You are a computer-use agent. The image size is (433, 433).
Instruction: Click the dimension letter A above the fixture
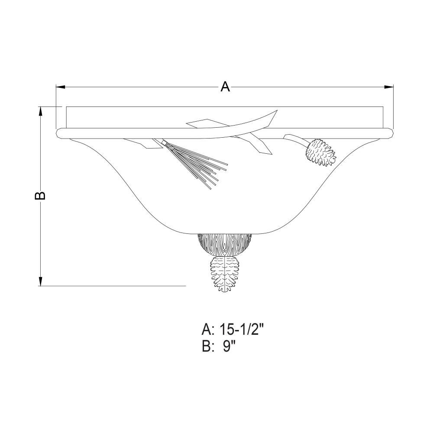pyautogui.click(x=225, y=87)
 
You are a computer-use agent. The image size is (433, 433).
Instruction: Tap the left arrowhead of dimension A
pyautogui.click(x=61, y=87)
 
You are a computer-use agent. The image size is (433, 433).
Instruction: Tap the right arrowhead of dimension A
pyautogui.click(x=389, y=87)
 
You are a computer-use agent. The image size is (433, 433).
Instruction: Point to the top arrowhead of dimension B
pyautogui.click(x=41, y=111)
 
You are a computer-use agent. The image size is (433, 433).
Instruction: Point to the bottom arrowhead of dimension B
pyautogui.click(x=41, y=281)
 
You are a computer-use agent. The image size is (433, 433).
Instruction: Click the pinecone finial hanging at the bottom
pyautogui.click(x=225, y=273)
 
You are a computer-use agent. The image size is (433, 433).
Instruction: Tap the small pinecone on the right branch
pyautogui.click(x=321, y=153)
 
